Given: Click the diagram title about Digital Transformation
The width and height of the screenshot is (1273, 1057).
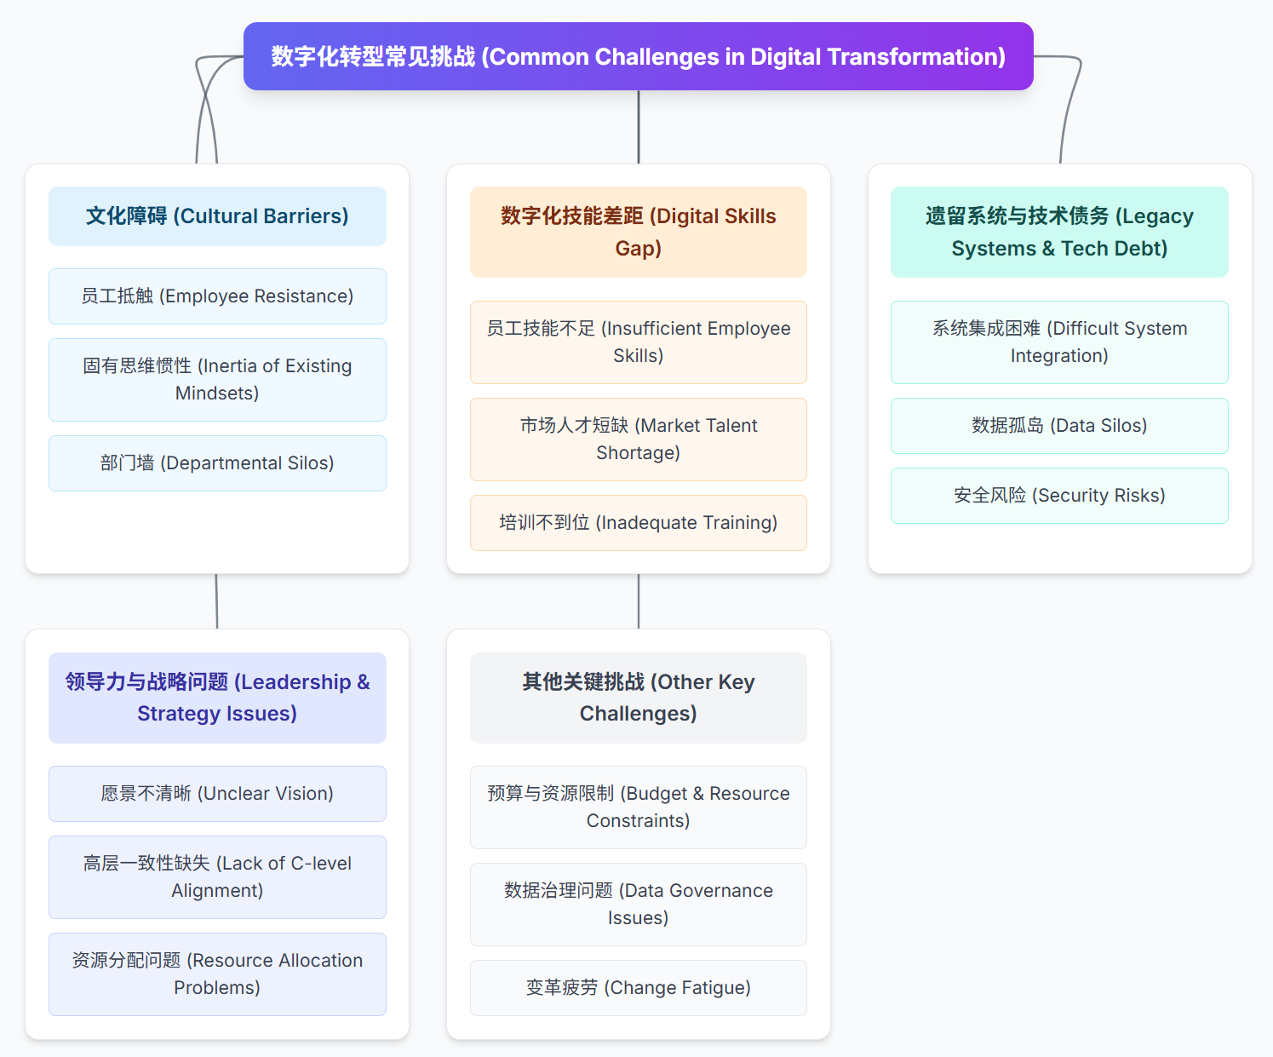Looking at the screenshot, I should [x=638, y=56].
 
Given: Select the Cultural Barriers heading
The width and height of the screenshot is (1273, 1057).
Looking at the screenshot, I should [x=217, y=216].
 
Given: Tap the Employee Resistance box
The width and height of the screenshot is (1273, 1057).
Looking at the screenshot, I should [x=217, y=296].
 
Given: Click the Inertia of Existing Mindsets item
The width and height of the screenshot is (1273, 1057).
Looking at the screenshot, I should [x=217, y=380].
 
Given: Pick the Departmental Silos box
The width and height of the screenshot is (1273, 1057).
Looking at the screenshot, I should [x=217, y=463].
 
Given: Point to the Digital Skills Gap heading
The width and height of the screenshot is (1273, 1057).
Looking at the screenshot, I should [x=638, y=232].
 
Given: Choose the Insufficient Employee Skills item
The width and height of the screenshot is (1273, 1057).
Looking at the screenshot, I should [x=638, y=342].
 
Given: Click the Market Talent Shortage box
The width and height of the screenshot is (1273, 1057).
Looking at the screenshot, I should [x=638, y=439].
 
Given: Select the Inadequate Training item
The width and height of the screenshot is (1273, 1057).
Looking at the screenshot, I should [x=638, y=523].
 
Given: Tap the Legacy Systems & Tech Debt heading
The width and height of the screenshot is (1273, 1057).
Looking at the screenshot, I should [x=1059, y=232].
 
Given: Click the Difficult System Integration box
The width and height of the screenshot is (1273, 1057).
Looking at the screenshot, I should [x=1059, y=342].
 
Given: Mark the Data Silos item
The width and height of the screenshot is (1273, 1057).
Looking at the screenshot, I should [x=1059, y=426].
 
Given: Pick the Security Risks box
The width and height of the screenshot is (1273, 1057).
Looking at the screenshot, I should [x=1059, y=496].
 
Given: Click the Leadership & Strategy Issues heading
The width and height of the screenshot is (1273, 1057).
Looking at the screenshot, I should [x=217, y=698].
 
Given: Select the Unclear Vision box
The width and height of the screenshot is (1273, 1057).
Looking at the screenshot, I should [x=217, y=794].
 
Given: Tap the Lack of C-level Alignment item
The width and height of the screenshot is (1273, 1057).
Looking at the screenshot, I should [x=217, y=877].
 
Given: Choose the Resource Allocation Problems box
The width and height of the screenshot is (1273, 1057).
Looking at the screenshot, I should [x=217, y=974].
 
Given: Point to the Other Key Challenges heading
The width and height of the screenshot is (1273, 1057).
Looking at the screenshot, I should [x=638, y=698].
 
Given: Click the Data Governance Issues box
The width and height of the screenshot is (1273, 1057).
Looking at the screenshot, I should [x=638, y=905].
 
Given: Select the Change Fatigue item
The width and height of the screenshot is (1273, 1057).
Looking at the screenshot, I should [x=638, y=988].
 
